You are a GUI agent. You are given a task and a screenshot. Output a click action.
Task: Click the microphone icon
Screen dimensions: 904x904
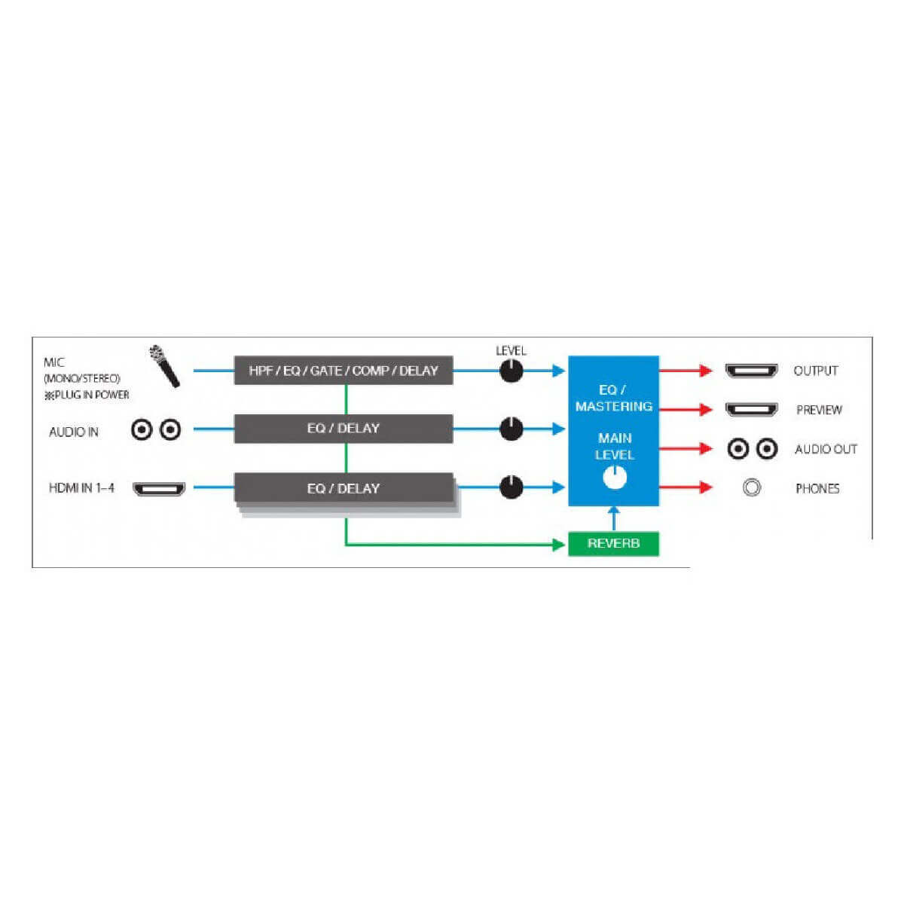click(164, 366)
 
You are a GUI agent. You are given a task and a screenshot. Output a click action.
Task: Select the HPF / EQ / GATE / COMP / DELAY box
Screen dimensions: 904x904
click(344, 370)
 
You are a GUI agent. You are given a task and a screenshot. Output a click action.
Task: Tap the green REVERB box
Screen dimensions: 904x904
click(613, 543)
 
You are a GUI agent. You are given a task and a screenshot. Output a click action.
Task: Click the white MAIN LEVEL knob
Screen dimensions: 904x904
click(615, 478)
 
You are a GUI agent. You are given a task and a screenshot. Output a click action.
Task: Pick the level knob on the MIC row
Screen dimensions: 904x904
click(511, 371)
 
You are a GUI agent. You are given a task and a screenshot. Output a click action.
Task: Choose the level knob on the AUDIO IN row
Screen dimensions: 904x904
click(511, 429)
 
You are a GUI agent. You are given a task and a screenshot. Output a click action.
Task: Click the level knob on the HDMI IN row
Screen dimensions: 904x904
click(511, 487)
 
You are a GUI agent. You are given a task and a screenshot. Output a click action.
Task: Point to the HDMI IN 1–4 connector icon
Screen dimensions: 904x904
click(159, 489)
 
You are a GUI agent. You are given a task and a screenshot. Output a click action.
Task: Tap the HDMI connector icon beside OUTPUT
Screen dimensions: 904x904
click(752, 371)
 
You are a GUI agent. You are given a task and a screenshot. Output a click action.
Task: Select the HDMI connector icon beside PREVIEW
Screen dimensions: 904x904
click(752, 410)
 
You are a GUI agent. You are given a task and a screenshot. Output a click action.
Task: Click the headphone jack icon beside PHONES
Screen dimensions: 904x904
click(752, 488)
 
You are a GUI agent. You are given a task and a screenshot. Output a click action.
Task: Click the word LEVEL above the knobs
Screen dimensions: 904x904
click(511, 350)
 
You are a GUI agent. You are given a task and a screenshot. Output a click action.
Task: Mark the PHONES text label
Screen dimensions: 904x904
click(817, 489)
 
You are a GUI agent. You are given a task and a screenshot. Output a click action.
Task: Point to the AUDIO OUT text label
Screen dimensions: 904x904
click(826, 450)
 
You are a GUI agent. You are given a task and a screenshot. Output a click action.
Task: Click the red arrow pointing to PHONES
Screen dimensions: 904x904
click(686, 487)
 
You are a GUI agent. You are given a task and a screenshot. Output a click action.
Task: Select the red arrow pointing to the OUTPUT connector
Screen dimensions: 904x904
click(686, 370)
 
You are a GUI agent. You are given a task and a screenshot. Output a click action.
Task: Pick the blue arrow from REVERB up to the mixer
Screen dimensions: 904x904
click(614, 519)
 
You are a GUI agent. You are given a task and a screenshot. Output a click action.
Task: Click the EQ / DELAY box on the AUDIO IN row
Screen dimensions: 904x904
click(344, 429)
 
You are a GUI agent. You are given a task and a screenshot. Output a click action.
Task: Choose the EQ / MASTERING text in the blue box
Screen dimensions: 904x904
click(614, 399)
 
